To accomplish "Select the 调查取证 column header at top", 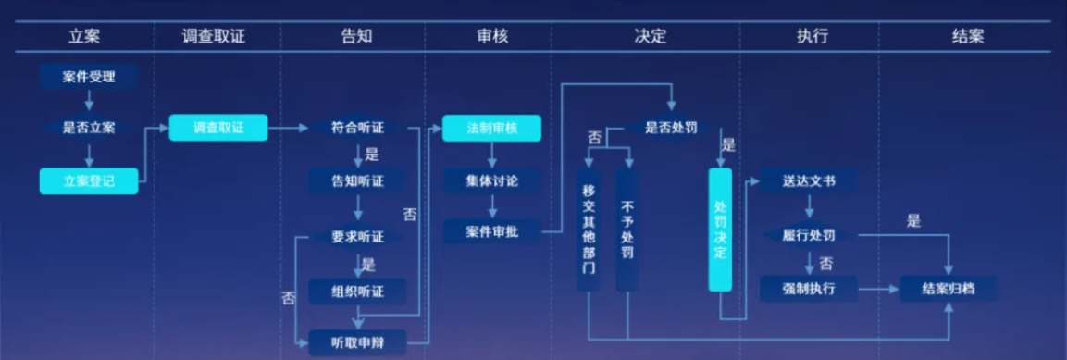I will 214,37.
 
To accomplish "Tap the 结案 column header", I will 968,37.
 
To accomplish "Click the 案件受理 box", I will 89,76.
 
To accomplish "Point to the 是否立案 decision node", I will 89,128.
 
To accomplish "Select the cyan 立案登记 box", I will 89,180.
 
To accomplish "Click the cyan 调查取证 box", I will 218,128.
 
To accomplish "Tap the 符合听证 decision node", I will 357,128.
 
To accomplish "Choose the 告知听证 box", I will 357,180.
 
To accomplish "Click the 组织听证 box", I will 357,292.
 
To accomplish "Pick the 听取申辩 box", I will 357,343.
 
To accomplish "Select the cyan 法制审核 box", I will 491,128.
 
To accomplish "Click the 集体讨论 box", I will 491,180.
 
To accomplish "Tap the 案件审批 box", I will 491,231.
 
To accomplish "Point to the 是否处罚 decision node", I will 671,128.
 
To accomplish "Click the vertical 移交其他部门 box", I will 589,230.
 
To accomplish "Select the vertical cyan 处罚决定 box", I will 720,230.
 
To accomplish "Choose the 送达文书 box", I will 809,180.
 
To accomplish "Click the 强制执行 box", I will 809,289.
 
